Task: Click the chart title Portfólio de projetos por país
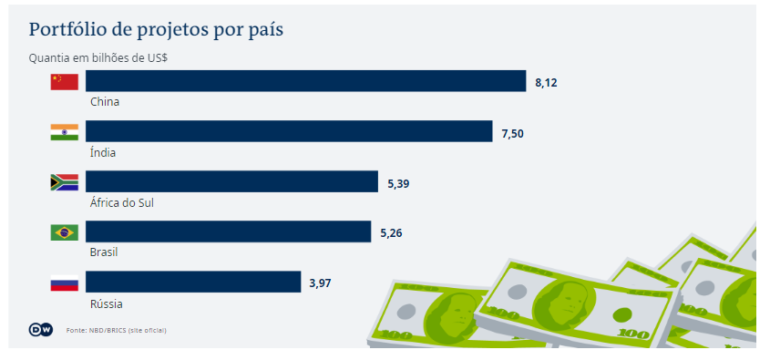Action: click(x=156, y=30)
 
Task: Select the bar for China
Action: click(x=306, y=81)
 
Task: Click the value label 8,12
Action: click(x=546, y=82)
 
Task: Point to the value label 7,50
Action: click(x=512, y=133)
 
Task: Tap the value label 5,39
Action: click(x=398, y=183)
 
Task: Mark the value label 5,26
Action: click(x=391, y=233)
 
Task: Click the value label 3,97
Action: click(x=320, y=283)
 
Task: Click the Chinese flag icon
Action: click(x=64, y=82)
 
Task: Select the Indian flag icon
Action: click(x=64, y=132)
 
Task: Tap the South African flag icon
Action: click(x=64, y=182)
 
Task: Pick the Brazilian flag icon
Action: click(x=64, y=232)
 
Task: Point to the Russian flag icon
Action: click(x=64, y=283)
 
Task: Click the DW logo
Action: click(x=42, y=329)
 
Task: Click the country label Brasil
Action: click(x=104, y=252)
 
